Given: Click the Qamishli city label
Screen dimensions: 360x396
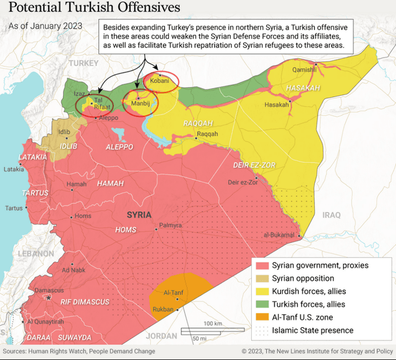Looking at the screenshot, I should [x=304, y=69].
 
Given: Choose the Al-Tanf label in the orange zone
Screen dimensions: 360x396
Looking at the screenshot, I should [x=173, y=293].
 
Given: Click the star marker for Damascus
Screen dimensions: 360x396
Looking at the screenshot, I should [x=49, y=298].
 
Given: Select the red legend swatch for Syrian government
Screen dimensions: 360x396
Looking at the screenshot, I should [x=262, y=265].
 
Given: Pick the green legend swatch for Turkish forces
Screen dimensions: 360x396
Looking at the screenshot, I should [x=262, y=304].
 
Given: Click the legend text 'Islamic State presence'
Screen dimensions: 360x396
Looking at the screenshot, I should [x=312, y=330].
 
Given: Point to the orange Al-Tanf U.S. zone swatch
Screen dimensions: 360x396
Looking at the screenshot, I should [x=262, y=317].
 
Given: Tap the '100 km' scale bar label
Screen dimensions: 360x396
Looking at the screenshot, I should [x=213, y=324].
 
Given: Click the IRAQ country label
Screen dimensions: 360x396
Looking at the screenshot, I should [x=331, y=215].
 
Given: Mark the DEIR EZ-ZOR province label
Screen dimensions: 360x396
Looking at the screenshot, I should [x=253, y=166].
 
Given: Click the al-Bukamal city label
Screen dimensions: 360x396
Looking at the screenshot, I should [x=278, y=236].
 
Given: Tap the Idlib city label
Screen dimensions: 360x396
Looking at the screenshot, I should [x=64, y=132].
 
